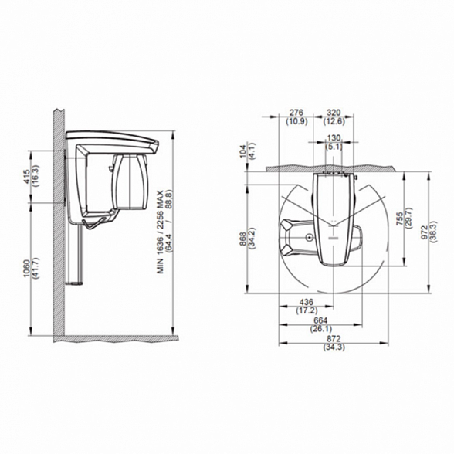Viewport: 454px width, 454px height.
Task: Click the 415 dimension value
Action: point(26,177)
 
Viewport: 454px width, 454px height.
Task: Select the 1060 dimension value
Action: point(26,268)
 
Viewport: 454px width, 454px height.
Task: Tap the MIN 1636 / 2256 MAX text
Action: point(161,232)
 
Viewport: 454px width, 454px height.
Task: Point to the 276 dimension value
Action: point(296,113)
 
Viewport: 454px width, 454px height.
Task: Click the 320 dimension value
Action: point(334,113)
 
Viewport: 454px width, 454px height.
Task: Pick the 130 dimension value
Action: point(334,137)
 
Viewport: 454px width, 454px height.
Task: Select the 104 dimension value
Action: point(243,151)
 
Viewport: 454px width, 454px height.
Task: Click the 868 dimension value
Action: point(243,239)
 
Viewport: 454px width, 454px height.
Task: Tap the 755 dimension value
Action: point(400,219)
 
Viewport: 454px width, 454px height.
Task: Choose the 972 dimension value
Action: point(425,232)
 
